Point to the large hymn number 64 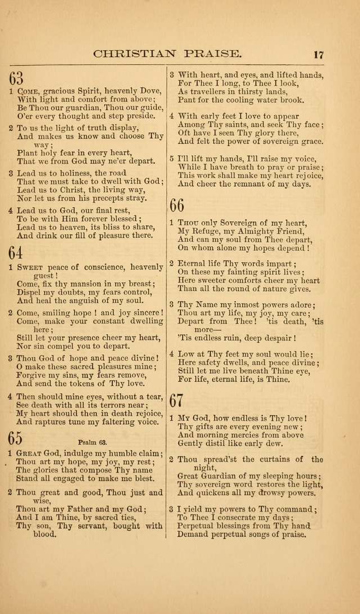16,252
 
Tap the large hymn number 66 177,205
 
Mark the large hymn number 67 177,400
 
